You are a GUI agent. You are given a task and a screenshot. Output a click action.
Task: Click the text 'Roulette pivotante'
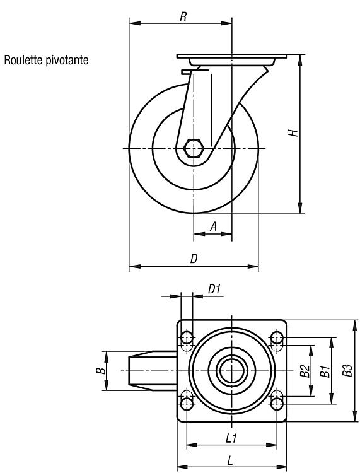(x=46, y=60)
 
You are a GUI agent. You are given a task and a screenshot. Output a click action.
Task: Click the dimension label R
(x=183, y=16)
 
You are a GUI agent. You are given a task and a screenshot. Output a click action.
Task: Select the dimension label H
(x=293, y=132)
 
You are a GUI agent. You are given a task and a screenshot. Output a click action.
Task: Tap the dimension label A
(x=213, y=226)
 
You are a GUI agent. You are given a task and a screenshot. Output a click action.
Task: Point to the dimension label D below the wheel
(x=194, y=259)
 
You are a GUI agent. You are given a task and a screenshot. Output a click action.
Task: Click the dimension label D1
(x=214, y=289)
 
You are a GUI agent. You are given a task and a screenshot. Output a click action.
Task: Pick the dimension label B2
(x=305, y=371)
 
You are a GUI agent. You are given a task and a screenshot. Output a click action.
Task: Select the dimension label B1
(x=325, y=371)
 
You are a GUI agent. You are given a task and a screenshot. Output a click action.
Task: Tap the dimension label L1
(x=231, y=438)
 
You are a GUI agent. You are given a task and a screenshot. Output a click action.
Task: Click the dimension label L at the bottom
(x=230, y=460)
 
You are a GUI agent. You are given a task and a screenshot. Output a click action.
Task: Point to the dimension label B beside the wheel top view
(x=103, y=371)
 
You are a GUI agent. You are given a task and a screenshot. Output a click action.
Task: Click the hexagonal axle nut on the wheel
(x=194, y=148)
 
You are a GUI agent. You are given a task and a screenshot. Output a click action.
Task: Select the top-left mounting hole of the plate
(x=187, y=337)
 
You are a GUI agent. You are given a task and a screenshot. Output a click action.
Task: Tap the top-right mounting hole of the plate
(x=277, y=337)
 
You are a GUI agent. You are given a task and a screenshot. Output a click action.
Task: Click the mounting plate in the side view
(x=232, y=56)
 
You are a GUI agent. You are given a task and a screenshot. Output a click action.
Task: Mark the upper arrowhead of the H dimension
(x=300, y=60)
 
